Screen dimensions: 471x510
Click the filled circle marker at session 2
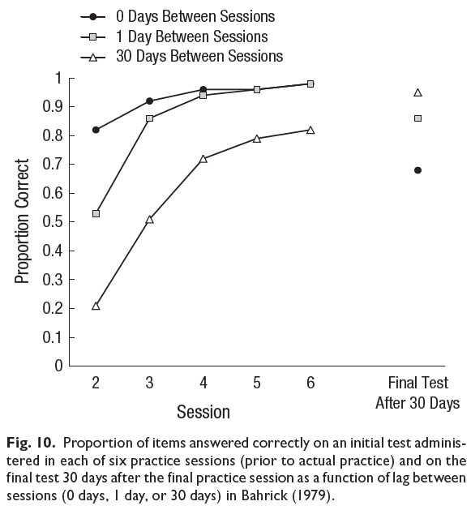click(96, 130)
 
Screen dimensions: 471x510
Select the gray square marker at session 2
click(96, 214)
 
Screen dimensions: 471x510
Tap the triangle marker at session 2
click(96, 306)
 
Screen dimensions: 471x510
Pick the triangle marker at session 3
click(150, 220)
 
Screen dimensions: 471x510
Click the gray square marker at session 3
click(150, 118)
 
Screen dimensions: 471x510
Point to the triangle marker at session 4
click(203, 159)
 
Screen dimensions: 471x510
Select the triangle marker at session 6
click(310, 130)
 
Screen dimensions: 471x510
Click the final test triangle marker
click(418, 92)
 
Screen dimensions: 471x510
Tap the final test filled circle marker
click(418, 170)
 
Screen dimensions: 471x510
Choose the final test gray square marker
click(418, 118)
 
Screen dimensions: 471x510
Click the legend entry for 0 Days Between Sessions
click(178, 16)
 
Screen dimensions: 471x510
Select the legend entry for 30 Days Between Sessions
click(182, 56)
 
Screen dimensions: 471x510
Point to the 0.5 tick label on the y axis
click(53, 222)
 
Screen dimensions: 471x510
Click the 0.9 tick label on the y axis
click(53, 107)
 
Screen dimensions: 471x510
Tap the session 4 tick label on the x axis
click(203, 383)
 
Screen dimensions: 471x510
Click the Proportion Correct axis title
click(22, 221)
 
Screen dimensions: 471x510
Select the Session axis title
click(203, 412)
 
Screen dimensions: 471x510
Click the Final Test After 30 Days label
click(418, 393)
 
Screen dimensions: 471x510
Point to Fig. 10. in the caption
click(31, 444)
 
